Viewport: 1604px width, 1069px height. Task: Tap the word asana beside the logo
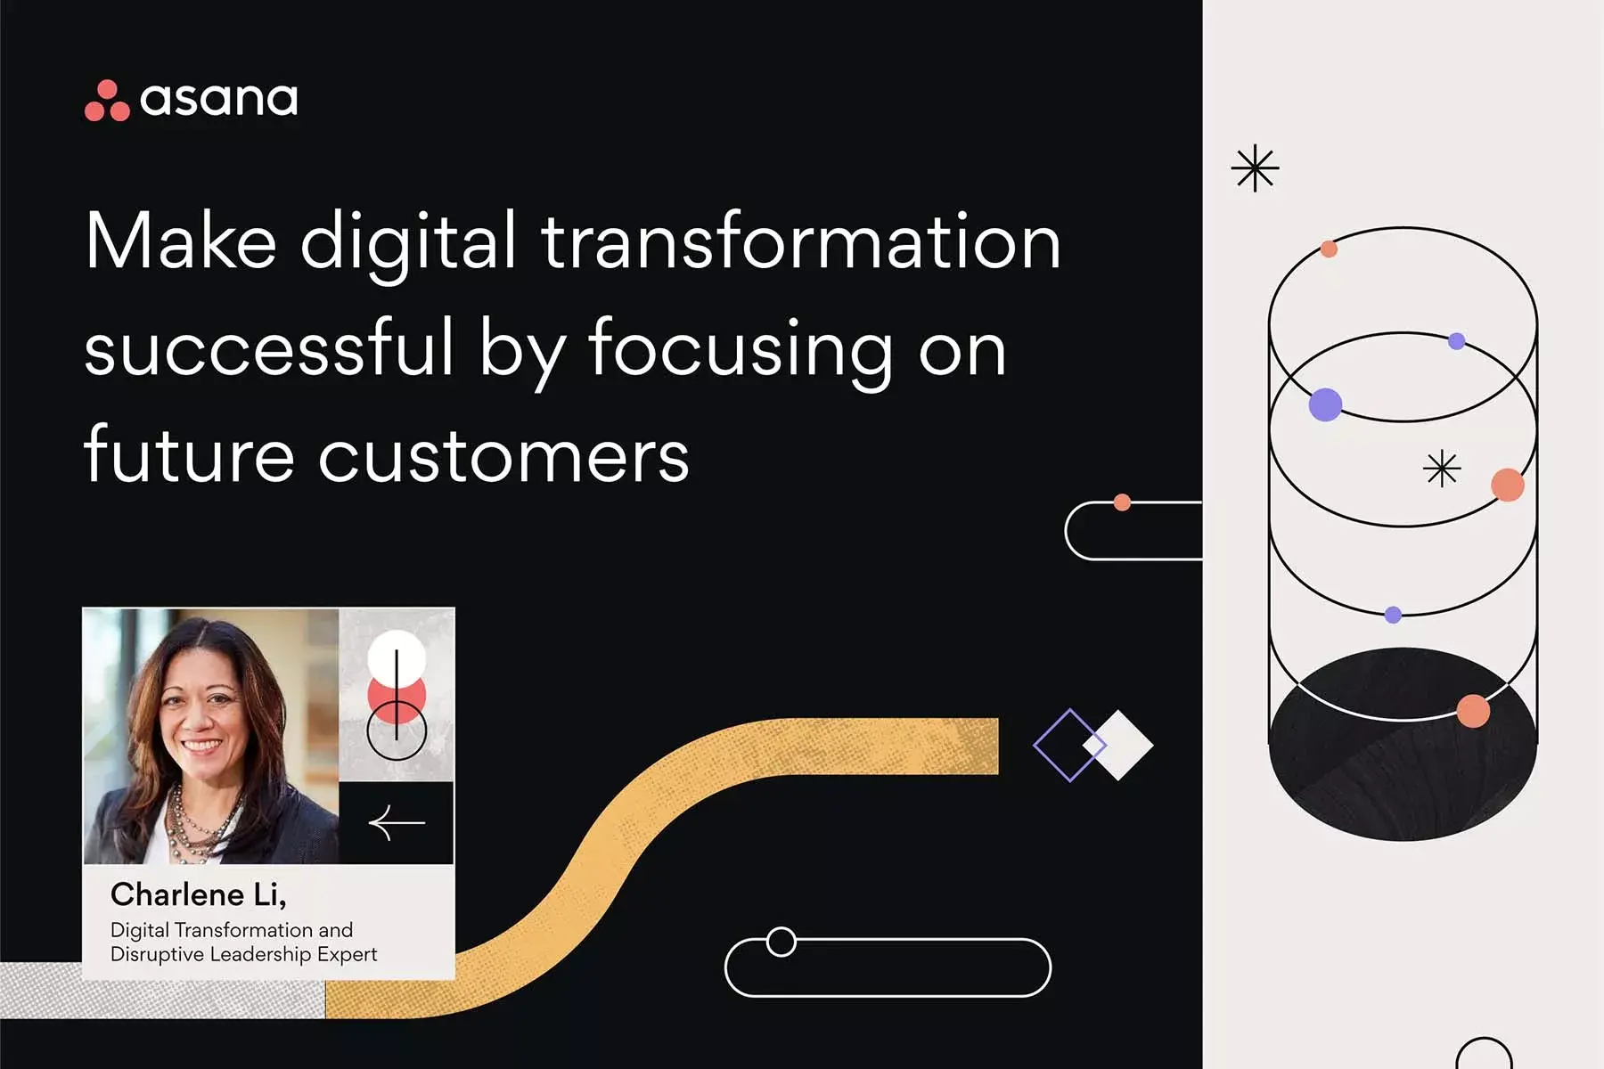click(219, 99)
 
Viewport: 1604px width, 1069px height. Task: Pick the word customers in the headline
click(503, 455)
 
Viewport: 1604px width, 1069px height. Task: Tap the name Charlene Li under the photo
click(198, 894)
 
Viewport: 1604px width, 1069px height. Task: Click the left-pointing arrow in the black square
click(397, 823)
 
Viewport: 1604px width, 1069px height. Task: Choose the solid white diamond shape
click(1119, 745)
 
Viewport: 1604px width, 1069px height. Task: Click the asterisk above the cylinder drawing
click(1255, 168)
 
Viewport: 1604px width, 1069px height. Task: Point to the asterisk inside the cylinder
click(1442, 469)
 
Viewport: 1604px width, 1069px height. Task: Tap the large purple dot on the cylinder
click(1325, 404)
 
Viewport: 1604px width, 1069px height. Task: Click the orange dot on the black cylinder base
click(1473, 711)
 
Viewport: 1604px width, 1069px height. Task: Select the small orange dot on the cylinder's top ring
click(1329, 249)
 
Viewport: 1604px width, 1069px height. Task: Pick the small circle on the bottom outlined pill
click(782, 942)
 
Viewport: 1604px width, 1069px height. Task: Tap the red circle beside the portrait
click(397, 696)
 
